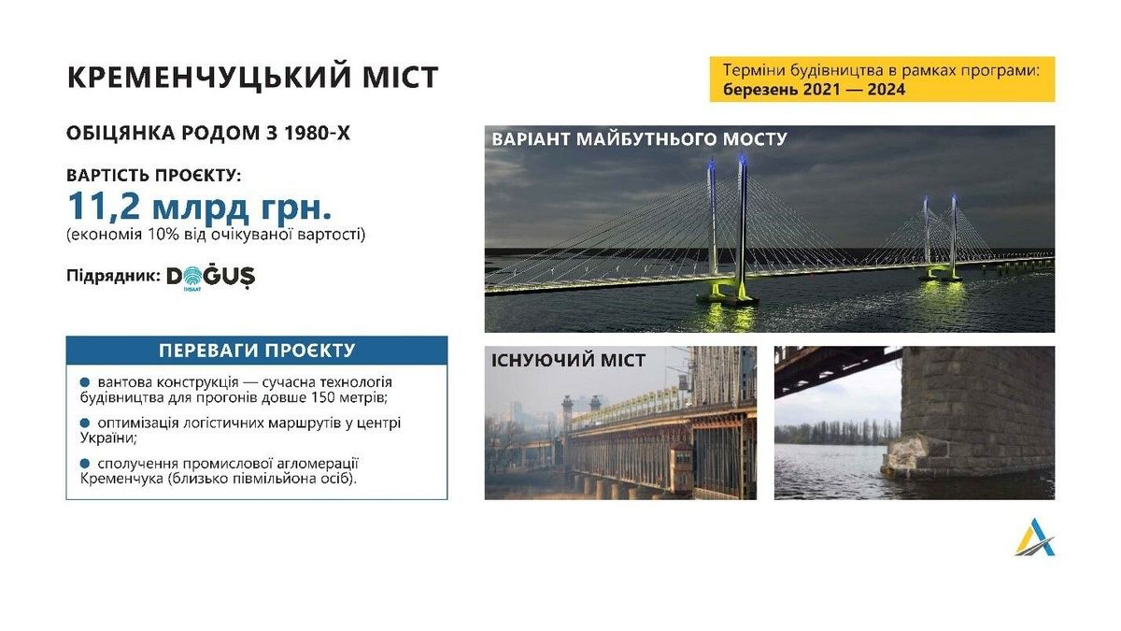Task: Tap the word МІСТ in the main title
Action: point(403,77)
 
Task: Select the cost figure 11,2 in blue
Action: point(104,207)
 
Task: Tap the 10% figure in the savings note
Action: point(163,235)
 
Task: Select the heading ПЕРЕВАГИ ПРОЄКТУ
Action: point(257,351)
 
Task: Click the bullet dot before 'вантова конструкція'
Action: point(85,382)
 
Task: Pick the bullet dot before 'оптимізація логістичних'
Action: point(85,423)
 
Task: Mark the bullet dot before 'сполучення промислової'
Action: point(85,464)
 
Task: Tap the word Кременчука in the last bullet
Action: point(121,479)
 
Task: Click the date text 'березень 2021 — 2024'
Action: point(815,90)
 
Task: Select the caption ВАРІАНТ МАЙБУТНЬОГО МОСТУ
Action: point(639,138)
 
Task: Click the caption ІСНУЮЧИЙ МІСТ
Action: point(568,361)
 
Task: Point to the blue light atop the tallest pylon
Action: point(743,159)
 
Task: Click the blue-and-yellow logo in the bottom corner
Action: point(1035,538)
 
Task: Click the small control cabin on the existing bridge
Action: point(682,466)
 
